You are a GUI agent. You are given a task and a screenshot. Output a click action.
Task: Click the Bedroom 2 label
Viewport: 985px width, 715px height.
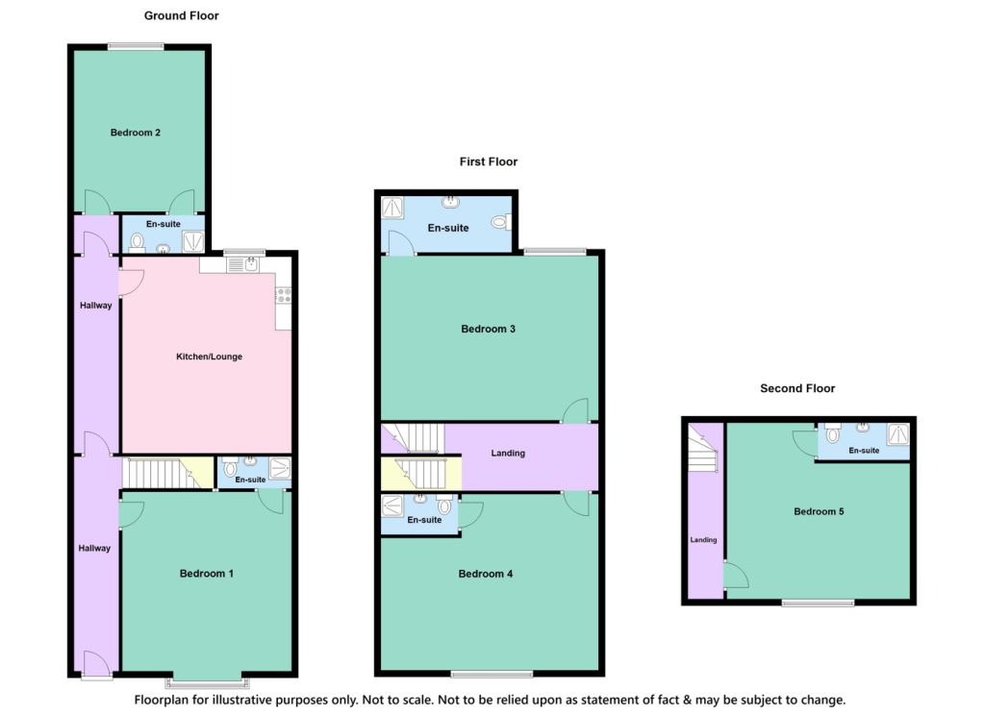pos(135,133)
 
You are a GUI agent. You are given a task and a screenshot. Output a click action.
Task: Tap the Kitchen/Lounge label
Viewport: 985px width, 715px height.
pos(209,357)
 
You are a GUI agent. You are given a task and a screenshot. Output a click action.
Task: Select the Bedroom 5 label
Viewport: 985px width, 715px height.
pos(819,511)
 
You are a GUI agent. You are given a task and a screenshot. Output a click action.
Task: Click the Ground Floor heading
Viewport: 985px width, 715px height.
pos(182,15)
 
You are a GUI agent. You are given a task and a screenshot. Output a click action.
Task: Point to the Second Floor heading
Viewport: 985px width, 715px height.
pos(797,388)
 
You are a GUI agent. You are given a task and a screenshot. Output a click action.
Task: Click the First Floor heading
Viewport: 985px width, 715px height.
pos(488,162)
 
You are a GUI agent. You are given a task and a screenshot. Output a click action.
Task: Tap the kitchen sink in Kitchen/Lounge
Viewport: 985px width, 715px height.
pos(243,264)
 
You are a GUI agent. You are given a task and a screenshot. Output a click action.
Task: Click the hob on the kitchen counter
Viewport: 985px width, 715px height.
pos(284,295)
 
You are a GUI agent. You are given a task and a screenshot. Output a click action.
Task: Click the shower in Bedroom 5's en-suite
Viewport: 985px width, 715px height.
pos(898,434)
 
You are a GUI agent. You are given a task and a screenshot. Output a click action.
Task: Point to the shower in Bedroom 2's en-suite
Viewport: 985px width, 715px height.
pos(192,241)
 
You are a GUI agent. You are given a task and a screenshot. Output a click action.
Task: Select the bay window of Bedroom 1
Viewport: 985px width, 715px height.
pos(207,681)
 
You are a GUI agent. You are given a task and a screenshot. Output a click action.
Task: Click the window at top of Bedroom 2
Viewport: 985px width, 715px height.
pos(136,46)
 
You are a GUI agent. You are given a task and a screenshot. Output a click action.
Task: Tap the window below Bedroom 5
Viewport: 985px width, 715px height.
pos(818,604)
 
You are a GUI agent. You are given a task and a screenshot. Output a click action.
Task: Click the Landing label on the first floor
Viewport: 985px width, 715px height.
pos(508,454)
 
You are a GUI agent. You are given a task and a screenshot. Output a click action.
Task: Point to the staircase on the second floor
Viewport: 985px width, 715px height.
pos(701,448)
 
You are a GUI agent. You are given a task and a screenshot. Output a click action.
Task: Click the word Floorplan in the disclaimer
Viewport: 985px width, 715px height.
pos(162,700)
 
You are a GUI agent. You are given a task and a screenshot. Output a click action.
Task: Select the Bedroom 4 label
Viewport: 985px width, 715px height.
pos(486,574)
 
